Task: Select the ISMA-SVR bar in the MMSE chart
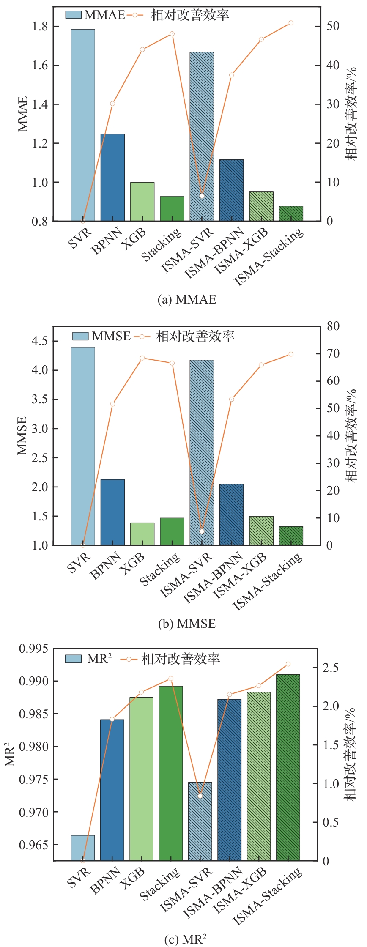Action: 202,452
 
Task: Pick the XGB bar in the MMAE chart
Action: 142,202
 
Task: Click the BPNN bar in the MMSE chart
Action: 112,512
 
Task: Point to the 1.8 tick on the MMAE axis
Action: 40,26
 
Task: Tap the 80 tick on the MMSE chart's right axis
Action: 333,326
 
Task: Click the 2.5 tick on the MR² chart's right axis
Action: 330,668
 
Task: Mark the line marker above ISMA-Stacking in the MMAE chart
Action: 291,23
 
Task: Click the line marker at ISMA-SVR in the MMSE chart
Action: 202,531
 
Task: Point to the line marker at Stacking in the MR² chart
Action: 171,679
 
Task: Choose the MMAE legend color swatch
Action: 73,15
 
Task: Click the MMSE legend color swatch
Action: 80,336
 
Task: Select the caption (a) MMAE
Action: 186,300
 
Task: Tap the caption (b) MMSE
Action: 186,624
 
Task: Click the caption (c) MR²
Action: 185,939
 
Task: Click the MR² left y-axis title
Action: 10,755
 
